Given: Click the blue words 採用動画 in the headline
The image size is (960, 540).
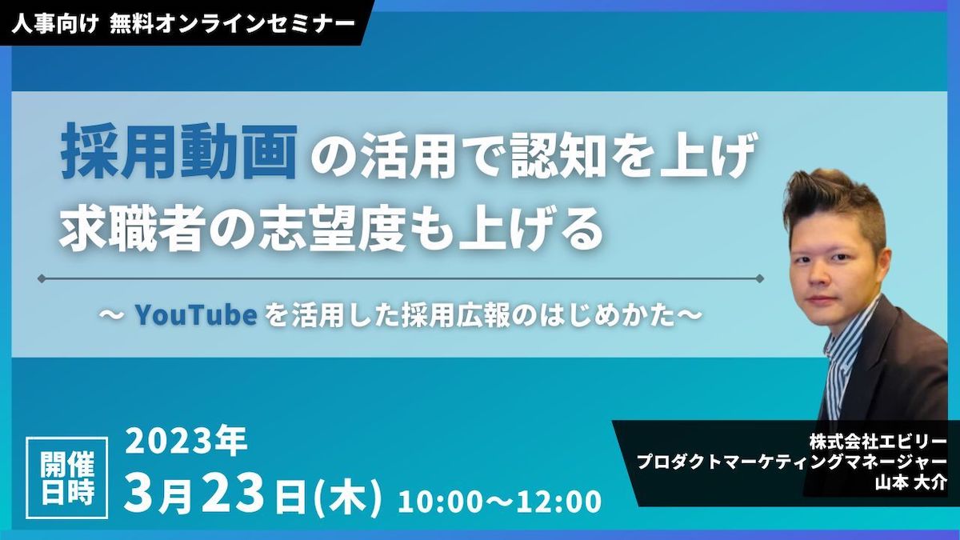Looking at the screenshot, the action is (x=179, y=152).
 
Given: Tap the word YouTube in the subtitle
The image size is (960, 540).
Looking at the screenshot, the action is (x=196, y=315).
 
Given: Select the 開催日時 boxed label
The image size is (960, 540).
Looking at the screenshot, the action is (x=67, y=478).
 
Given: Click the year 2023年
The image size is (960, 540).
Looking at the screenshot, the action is (x=186, y=442).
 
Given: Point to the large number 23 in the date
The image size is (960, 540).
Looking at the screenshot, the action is (x=233, y=494).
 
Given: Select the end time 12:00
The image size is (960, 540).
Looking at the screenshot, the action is (x=559, y=502).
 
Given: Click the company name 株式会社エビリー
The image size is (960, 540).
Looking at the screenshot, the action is (x=878, y=442).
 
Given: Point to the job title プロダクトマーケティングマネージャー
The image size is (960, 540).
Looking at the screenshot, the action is (x=791, y=462).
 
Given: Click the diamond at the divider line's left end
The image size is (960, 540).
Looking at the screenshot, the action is (x=42, y=279).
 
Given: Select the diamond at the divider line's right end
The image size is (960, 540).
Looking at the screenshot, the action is (x=759, y=279).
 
